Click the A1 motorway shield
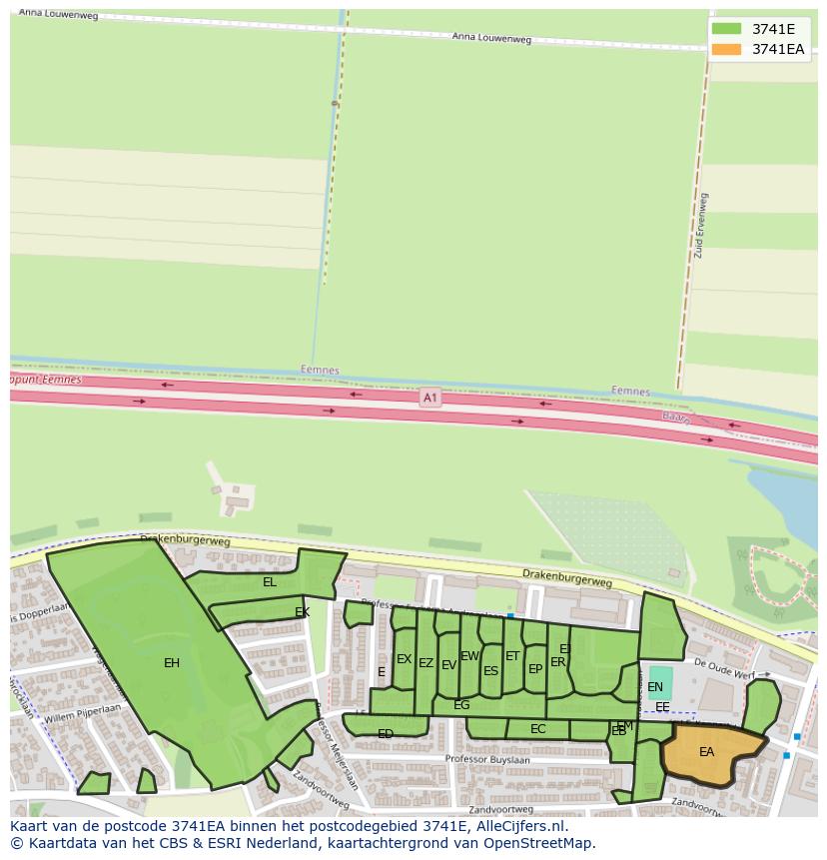click(429, 398)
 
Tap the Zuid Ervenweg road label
click(701, 226)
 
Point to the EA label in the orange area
click(707, 752)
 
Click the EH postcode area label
click(172, 662)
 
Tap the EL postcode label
click(270, 582)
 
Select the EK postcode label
click(302, 612)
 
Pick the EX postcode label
click(404, 659)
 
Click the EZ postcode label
click(426, 663)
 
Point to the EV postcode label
click(448, 665)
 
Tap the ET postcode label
click(512, 656)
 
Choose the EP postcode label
click(535, 669)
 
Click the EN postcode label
click(655, 687)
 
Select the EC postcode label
click(538, 729)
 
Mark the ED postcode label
click(386, 734)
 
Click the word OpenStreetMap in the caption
click(542, 843)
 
